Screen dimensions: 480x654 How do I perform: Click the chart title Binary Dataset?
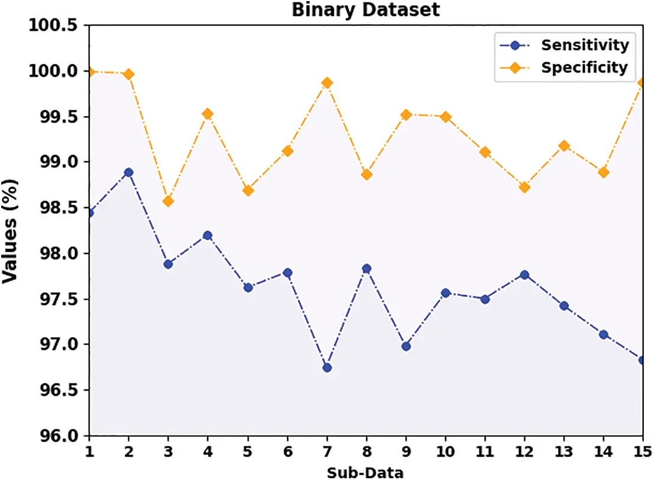pos(365,9)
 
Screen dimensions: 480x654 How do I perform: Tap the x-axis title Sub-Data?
pos(365,472)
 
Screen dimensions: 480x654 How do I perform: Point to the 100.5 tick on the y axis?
pos(54,25)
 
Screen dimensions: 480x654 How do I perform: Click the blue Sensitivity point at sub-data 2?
pos(128,172)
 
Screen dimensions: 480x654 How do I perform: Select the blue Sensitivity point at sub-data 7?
pos(327,368)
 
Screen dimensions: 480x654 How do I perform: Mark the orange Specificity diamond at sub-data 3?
pos(168,201)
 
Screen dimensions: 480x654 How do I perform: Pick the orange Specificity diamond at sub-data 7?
pos(327,83)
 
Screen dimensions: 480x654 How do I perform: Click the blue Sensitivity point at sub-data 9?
pos(406,346)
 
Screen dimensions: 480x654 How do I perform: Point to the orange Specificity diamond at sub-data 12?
pos(524,187)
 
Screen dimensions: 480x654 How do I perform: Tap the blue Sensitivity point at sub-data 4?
pos(208,236)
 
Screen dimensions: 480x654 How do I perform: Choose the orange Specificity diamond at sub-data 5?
pos(248,191)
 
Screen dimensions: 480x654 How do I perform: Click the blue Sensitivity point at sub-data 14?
pos(603,334)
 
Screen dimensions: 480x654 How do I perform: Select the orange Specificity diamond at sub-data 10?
pos(446,117)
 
